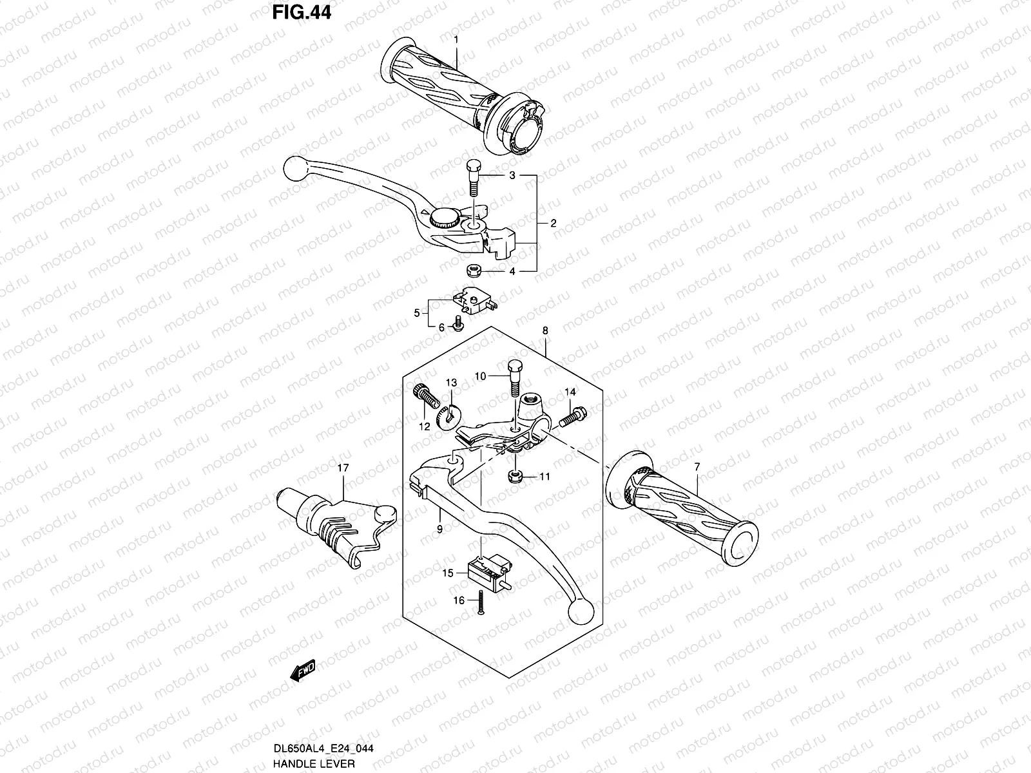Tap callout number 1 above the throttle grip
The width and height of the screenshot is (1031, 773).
tap(456, 40)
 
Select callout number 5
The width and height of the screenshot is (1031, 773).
tap(417, 313)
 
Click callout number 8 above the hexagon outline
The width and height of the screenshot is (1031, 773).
tap(545, 330)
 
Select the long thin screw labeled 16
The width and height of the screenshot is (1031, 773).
tap(481, 602)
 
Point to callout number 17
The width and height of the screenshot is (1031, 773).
tap(342, 468)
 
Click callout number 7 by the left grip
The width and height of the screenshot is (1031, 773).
tap(697, 466)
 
